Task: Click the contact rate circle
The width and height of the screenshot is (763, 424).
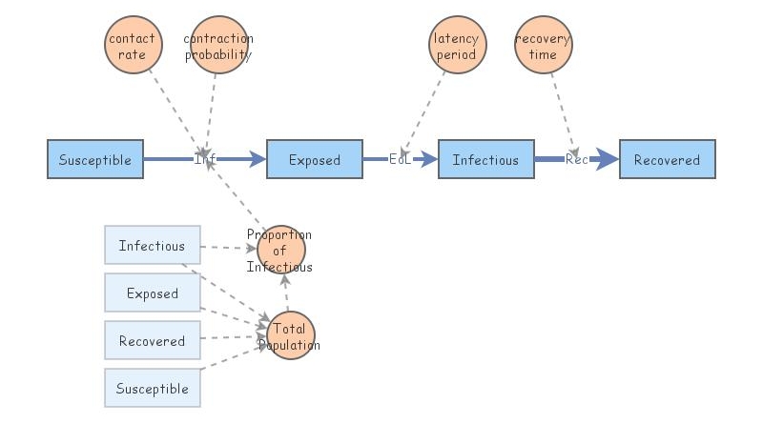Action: point(133,46)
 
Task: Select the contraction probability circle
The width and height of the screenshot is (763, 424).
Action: point(218,46)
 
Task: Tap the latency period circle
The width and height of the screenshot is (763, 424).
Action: point(457,46)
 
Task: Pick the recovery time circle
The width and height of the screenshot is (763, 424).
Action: point(543,46)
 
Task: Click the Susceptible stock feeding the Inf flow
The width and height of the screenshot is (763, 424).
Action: point(95,160)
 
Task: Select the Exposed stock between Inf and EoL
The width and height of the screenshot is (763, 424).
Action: point(314,160)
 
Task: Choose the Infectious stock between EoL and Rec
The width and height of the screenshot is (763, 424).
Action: point(485,160)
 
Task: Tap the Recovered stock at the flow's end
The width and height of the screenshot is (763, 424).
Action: point(667,160)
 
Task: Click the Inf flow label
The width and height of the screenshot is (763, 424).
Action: point(205,160)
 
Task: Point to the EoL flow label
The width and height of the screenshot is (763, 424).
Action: point(400,160)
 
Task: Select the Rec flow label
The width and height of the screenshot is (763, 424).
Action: point(576,160)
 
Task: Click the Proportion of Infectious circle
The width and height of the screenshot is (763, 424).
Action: point(281,250)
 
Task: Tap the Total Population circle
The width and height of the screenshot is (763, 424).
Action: point(290,335)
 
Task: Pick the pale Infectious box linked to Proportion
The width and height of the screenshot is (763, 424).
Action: point(152,246)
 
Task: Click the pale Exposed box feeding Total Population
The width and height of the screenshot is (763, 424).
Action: point(152,293)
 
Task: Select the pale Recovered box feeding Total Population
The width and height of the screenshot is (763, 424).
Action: point(152,341)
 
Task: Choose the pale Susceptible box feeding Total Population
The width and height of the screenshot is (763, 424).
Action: point(152,389)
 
